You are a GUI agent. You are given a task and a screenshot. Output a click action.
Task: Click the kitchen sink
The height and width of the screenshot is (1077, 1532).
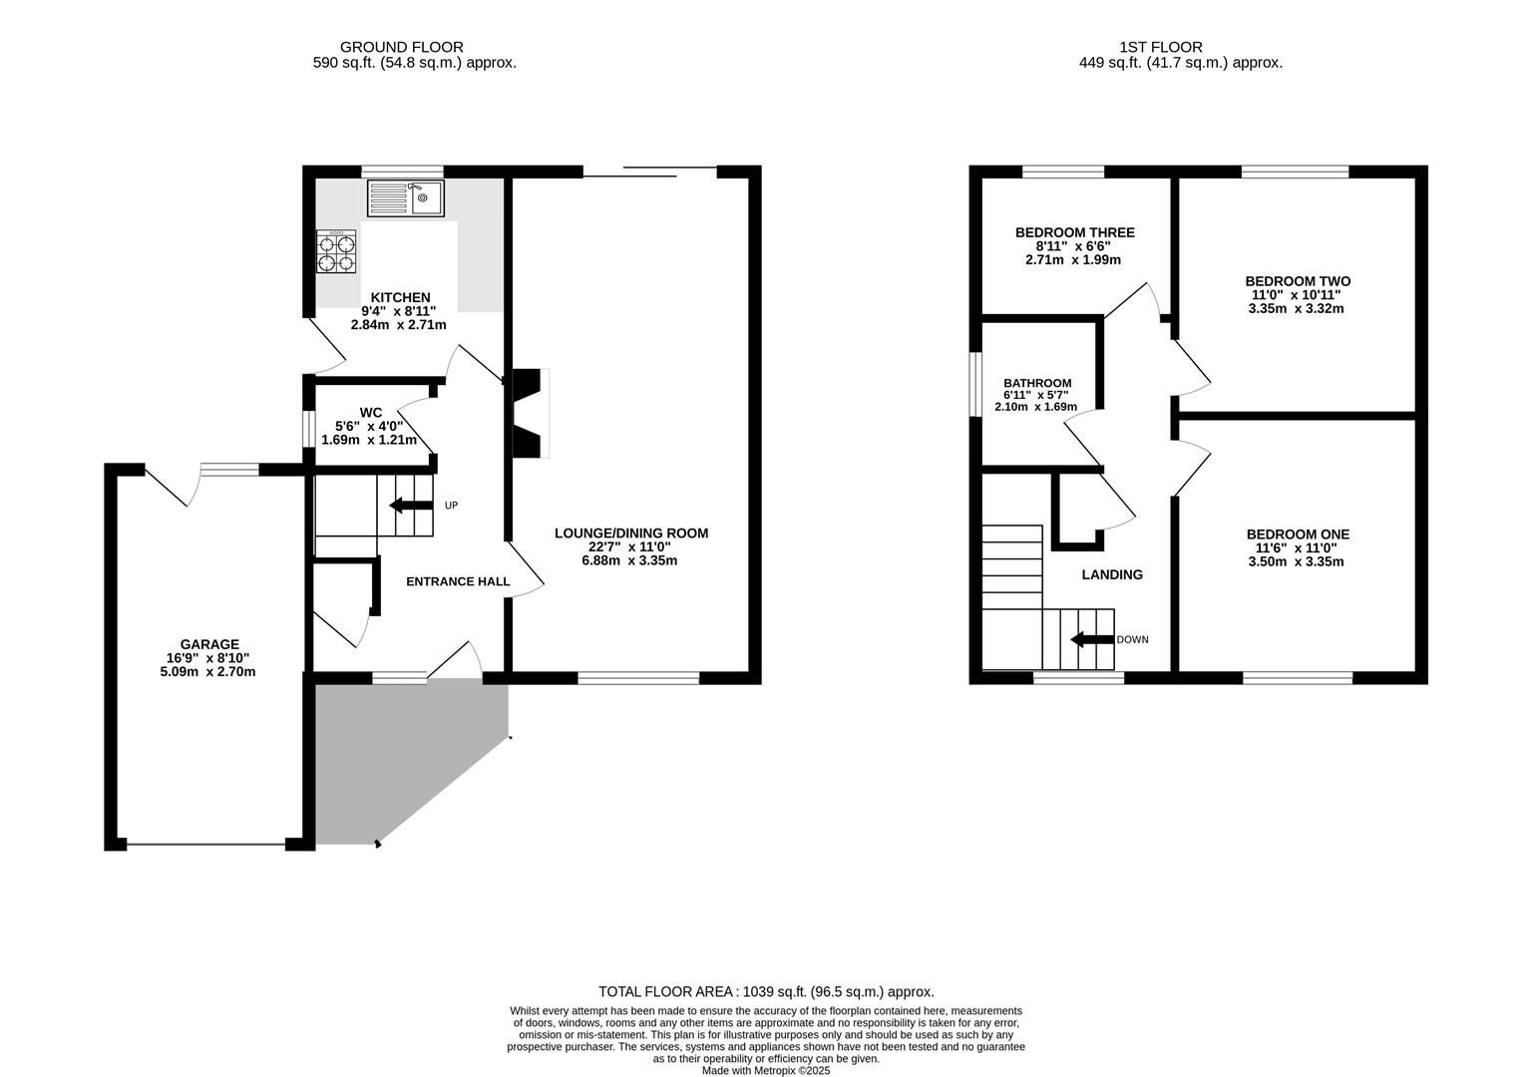tap(406, 197)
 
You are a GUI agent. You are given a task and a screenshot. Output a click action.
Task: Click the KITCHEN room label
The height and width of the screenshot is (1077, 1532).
tap(400, 297)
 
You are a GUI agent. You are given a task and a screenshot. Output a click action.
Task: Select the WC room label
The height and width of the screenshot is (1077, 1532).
tap(371, 412)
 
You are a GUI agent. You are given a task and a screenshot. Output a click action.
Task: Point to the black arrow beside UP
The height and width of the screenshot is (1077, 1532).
tap(411, 506)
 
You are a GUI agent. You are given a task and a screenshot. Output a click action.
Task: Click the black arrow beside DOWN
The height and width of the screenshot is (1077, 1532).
tap(1092, 639)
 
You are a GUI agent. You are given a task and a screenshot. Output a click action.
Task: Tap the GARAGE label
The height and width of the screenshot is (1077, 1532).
tap(209, 644)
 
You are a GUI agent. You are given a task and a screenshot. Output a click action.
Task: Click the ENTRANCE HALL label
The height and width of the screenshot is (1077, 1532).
tap(458, 581)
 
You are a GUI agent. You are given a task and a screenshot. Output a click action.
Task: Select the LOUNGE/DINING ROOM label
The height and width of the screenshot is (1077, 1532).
tap(631, 533)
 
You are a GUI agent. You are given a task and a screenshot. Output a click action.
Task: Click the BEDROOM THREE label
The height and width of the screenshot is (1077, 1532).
tap(1074, 232)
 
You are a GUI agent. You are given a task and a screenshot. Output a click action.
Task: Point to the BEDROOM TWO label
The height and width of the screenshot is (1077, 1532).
tap(1298, 281)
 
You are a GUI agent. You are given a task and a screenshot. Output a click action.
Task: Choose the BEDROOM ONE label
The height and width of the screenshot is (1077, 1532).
tap(1298, 535)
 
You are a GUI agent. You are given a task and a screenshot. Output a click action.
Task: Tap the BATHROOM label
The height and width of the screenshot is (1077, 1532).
tap(1037, 383)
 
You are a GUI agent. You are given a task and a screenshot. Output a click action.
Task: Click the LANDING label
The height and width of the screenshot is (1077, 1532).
tap(1112, 574)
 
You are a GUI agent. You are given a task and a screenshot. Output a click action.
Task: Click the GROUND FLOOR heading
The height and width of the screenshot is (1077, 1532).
tap(402, 47)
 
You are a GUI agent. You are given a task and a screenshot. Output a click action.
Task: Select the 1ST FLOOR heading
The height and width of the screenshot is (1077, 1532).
tap(1161, 47)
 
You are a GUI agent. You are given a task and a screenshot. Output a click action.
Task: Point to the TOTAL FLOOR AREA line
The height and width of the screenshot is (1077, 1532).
tap(766, 991)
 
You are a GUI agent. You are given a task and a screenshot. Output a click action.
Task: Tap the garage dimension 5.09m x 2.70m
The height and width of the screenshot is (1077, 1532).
tap(207, 671)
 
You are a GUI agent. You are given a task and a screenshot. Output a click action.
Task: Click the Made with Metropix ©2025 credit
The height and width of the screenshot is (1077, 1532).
tap(766, 1070)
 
